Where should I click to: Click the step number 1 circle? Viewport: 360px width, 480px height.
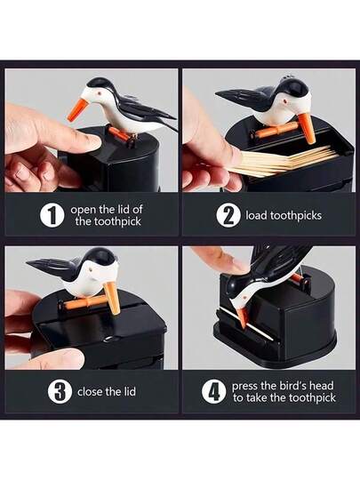pos(52,215)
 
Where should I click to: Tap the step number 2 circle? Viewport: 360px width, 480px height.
pos(228,215)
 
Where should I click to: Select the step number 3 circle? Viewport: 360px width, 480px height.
pos(60,392)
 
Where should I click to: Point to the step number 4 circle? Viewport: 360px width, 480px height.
pos(213,392)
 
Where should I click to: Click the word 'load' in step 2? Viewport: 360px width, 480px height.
pos(256,215)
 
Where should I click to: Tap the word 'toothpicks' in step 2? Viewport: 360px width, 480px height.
pos(296,216)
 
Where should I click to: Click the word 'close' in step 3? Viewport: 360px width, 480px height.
pos(90,392)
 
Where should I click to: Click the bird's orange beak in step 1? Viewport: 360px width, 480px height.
pos(77,110)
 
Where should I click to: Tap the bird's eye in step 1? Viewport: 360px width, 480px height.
pos(99,92)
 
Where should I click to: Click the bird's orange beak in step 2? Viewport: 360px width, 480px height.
pos(307,128)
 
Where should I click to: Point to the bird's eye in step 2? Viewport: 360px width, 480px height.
pos(285,101)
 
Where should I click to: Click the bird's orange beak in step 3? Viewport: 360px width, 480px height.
pos(112,298)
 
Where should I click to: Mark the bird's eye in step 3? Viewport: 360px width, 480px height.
pos(91,270)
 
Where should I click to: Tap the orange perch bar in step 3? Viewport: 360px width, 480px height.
pos(82,303)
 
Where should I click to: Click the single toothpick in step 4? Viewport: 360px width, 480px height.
pos(247,324)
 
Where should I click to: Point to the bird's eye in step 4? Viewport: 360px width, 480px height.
pos(245,297)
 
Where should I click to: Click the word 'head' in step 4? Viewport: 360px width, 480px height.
pos(322,386)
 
